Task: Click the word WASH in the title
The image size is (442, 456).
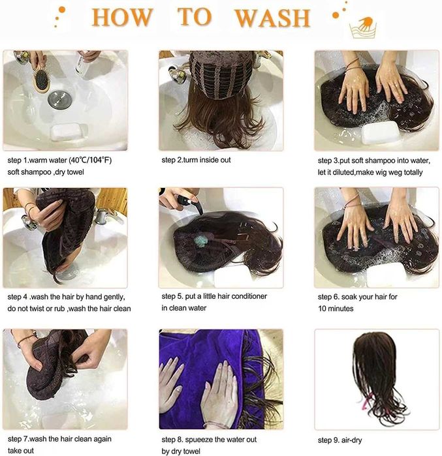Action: [272, 18]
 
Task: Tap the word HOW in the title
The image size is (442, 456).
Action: [122, 18]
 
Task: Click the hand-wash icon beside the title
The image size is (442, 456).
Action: [363, 27]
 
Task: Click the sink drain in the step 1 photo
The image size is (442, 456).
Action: [60, 99]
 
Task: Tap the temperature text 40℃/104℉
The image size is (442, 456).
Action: [90, 160]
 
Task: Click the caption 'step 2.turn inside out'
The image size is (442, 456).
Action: [196, 160]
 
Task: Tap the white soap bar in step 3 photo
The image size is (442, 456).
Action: [381, 132]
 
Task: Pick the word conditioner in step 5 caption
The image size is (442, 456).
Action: [249, 296]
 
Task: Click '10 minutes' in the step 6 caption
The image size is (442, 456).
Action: [336, 309]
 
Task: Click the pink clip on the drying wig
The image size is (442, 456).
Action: [367, 401]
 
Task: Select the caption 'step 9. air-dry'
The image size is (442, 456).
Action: [339, 440]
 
